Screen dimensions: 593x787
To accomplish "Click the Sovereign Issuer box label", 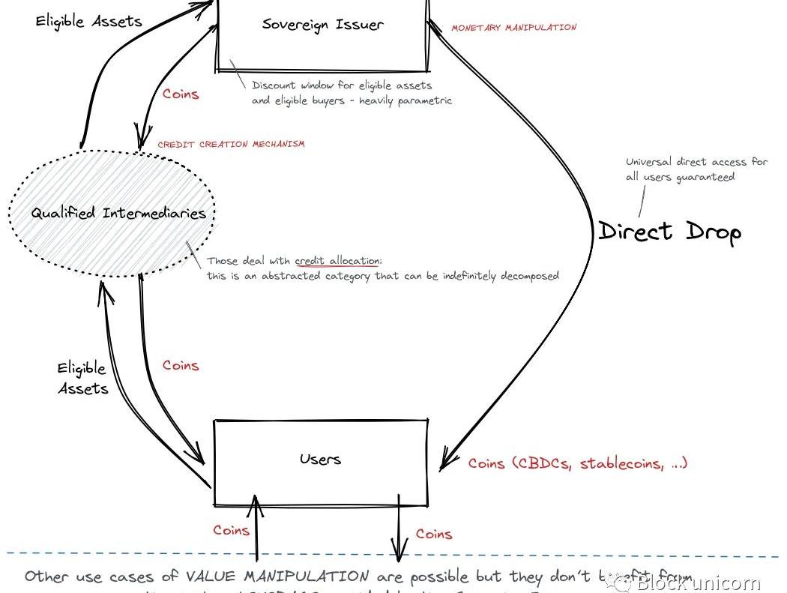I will (323, 24).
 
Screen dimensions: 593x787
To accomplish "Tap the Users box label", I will (320, 459).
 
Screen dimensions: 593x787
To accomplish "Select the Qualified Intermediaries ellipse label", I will (118, 213).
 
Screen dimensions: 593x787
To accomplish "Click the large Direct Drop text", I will (669, 231).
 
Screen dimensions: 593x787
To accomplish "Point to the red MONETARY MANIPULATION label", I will (513, 28).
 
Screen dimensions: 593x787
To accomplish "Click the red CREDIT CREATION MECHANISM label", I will (231, 144).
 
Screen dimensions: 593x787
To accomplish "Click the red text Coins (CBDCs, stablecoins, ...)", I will (577, 463).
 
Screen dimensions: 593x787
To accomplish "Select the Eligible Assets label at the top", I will (88, 21).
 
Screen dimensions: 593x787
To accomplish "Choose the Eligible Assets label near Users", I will (82, 378).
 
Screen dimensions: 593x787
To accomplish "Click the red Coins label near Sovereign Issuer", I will (181, 94).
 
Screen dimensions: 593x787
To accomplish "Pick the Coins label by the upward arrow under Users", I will (231, 530).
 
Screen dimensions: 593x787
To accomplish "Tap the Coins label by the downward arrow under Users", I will (434, 534).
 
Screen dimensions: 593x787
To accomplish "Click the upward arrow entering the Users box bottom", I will (257, 525).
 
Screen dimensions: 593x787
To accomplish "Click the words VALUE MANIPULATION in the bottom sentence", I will (277, 577).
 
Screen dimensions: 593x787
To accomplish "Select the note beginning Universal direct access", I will (696, 169).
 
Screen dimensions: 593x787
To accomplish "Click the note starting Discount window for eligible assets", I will (352, 93).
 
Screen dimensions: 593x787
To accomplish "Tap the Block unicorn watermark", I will (690, 582).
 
